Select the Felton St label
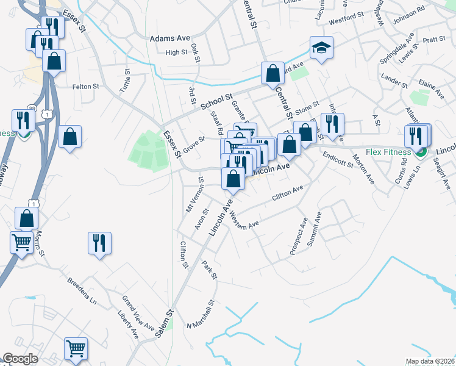85,87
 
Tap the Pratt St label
434,40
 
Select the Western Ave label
244,223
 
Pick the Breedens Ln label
82,292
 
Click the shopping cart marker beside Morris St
22,242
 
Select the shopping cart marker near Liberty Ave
76,348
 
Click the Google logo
20,359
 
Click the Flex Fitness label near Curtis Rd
386,152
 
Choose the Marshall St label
201,314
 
